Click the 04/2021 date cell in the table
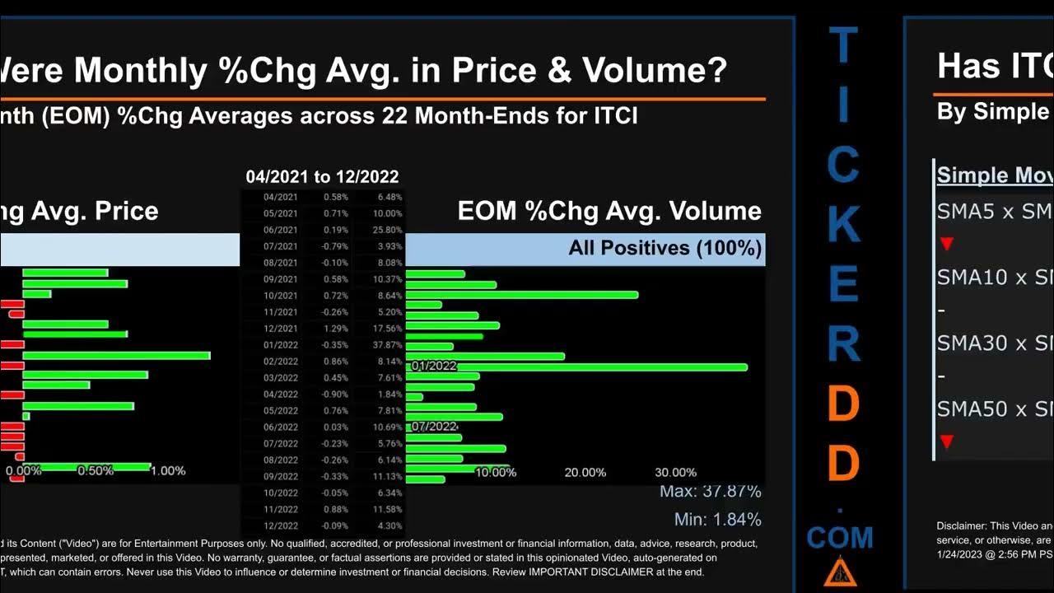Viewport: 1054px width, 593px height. pyautogui.click(x=280, y=197)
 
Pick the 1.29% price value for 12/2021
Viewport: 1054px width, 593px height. pyautogui.click(x=336, y=329)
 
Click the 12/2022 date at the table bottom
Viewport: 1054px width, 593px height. pyautogui.click(x=280, y=525)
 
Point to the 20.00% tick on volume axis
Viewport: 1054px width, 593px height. pyautogui.click(x=585, y=472)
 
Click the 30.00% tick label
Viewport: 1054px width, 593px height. pyautogui.click(x=675, y=472)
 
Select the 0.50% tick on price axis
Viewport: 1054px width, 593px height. pyautogui.click(x=96, y=470)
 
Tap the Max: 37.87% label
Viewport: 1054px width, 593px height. pyautogui.click(x=710, y=492)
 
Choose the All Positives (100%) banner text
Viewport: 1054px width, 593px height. pyautogui.click(x=665, y=248)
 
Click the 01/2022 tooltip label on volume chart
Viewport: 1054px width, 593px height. pyautogui.click(x=433, y=366)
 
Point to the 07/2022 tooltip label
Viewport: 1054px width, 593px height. pyautogui.click(x=433, y=426)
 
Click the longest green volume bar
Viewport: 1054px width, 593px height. pyautogui.click(x=576, y=367)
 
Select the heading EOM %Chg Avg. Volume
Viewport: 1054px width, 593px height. pyautogui.click(x=609, y=211)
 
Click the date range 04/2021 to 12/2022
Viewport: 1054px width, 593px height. pyautogui.click(x=322, y=176)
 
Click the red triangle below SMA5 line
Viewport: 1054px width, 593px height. pyautogui.click(x=946, y=245)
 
